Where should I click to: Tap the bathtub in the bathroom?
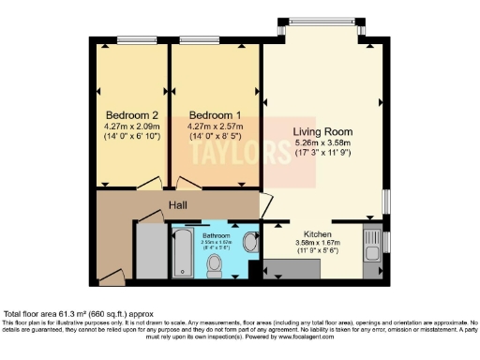tap(182, 253)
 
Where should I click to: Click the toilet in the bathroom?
tap(215, 266)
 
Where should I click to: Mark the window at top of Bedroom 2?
tap(131, 40)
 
